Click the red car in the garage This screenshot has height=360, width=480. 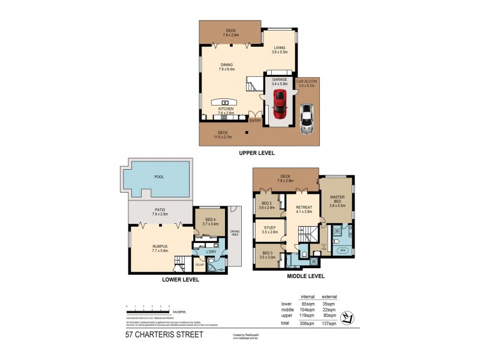pyautogui.click(x=280, y=106)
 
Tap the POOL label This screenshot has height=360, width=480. pyautogui.click(x=159, y=177)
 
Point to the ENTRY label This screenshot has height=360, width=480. pyautogui.click(x=255, y=120)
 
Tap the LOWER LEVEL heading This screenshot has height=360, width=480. pyautogui.click(x=180, y=280)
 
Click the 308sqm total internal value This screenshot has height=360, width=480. pyautogui.click(x=307, y=323)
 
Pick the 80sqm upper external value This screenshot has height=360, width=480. pyautogui.click(x=329, y=316)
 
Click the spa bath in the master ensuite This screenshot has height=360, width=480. pyautogui.click(x=343, y=250)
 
